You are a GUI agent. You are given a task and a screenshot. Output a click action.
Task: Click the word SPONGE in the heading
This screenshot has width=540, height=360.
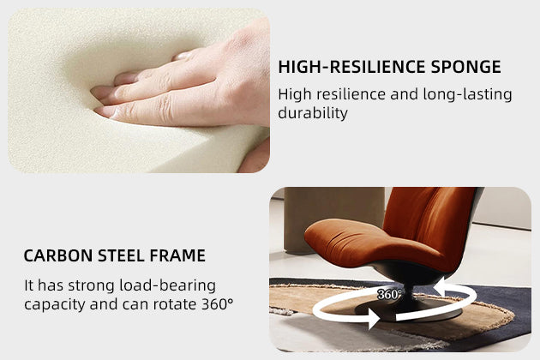click(x=465, y=67)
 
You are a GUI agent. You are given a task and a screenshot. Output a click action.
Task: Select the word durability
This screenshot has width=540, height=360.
click(x=313, y=113)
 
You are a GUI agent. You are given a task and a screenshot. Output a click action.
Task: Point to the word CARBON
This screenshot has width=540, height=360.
click(x=58, y=255)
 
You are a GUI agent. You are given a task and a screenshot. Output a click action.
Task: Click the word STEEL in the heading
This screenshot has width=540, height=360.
click(x=121, y=255)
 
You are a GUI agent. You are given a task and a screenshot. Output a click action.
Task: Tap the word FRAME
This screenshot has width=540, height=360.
click(x=177, y=255)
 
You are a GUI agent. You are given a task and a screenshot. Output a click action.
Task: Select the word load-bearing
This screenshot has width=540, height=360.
click(x=168, y=285)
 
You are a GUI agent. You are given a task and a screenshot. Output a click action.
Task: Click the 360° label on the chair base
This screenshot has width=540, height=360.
click(x=389, y=294)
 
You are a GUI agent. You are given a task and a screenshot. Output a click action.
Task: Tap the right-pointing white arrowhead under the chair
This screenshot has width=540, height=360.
click(x=374, y=318)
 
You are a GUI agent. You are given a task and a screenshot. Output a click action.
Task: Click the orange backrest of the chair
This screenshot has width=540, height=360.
click(x=430, y=220)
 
